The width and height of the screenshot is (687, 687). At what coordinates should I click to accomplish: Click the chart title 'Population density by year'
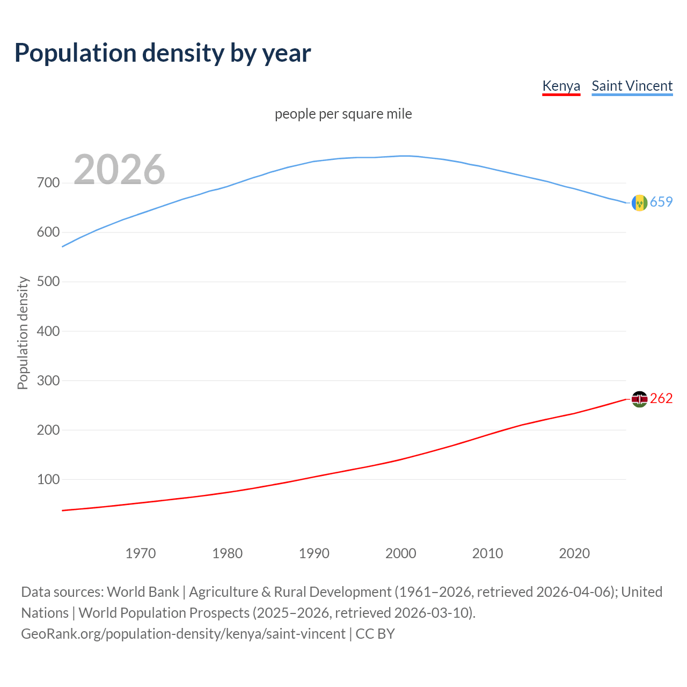click(x=163, y=53)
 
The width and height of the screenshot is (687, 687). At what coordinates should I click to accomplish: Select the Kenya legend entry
click(x=561, y=86)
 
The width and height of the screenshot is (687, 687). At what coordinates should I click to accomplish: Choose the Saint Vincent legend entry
click(x=632, y=86)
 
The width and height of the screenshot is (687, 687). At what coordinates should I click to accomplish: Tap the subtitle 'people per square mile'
click(x=343, y=114)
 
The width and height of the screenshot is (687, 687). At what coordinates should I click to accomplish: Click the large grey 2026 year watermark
click(x=119, y=170)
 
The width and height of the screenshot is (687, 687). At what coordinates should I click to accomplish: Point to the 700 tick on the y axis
click(x=48, y=183)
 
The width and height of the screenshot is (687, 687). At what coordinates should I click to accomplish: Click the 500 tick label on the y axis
click(x=48, y=282)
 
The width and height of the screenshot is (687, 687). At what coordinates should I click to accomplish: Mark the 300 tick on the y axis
click(x=48, y=381)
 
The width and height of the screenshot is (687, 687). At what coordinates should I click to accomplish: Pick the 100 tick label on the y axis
click(x=48, y=479)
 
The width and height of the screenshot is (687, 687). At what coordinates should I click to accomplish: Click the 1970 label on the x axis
click(x=141, y=553)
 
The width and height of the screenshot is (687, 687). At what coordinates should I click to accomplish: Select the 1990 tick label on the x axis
click(x=314, y=553)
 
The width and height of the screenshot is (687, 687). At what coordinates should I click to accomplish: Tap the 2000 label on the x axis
click(x=401, y=553)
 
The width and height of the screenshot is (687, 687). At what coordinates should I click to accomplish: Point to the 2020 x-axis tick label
click(x=574, y=553)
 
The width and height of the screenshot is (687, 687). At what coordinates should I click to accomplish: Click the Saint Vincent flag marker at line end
click(x=639, y=202)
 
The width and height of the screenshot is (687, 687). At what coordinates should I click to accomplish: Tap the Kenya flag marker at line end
click(x=639, y=399)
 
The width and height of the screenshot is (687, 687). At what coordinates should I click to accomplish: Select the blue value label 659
click(x=661, y=202)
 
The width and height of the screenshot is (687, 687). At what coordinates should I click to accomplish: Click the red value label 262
click(x=661, y=398)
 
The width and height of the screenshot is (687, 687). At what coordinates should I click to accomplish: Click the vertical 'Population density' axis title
click(x=23, y=333)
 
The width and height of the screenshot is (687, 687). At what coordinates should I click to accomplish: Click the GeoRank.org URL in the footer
click(x=183, y=634)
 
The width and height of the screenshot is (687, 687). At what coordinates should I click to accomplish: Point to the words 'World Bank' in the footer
click(x=143, y=592)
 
